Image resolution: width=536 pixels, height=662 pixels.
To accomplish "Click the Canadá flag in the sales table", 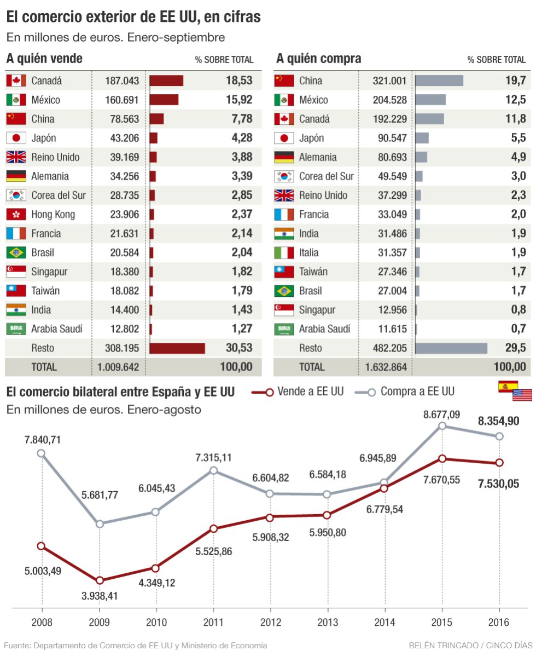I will tap(16, 81).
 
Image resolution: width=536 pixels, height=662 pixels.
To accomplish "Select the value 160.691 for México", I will tap(122, 100).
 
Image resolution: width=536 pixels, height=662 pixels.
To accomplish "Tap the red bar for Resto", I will tap(177, 348).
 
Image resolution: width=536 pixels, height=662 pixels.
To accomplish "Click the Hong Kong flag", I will tap(16, 214).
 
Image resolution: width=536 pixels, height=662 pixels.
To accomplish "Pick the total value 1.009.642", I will tap(118, 367).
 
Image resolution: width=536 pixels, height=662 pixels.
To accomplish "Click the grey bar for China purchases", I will tap(439, 81).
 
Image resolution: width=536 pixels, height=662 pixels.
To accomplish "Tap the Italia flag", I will tap(284, 252).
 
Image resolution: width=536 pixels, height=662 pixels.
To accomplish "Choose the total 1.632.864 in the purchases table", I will tap(386, 367).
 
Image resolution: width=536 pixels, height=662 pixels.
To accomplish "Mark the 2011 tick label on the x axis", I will tap(213, 623).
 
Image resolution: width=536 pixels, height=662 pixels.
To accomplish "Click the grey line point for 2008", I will tap(41, 453).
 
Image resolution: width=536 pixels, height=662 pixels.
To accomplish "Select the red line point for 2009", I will tap(99, 580).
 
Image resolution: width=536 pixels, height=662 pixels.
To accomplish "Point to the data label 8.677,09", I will tap(441, 415).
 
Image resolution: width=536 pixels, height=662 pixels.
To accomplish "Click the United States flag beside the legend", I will tap(522, 394).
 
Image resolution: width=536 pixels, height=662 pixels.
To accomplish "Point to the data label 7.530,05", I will tap(498, 483).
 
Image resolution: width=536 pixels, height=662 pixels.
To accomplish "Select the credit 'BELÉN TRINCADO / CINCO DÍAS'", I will tap(470, 646).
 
